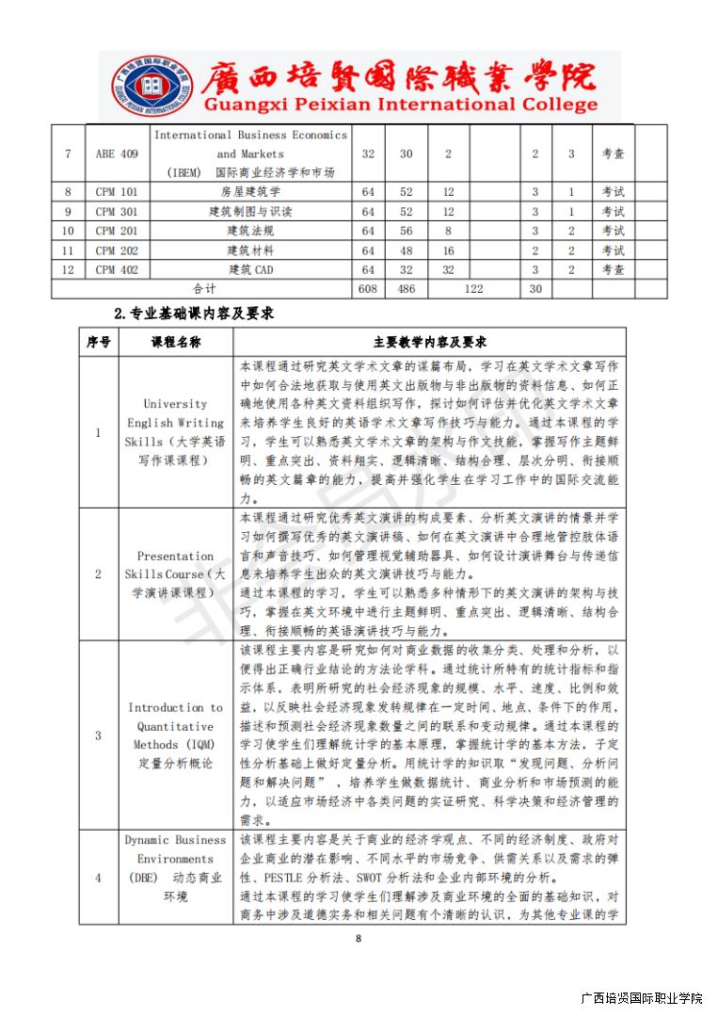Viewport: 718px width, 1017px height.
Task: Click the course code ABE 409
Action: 117,154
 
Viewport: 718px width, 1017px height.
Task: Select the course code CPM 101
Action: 117,192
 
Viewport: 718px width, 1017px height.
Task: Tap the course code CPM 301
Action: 117,212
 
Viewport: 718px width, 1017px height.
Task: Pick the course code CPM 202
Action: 117,250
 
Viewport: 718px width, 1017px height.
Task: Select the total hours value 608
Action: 368,289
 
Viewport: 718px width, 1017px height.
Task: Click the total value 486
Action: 407,289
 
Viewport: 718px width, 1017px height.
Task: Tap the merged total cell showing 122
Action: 473,289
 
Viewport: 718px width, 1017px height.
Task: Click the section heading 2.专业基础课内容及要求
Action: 194,314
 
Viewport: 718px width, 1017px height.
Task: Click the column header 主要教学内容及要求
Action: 429,343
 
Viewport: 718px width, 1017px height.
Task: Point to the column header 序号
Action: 99,343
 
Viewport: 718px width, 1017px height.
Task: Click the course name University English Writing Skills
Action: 176,432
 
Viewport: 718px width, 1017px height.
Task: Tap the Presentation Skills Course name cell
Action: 176,574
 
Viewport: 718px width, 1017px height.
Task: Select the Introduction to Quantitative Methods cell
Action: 176,734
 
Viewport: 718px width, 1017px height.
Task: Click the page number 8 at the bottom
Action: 358,938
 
